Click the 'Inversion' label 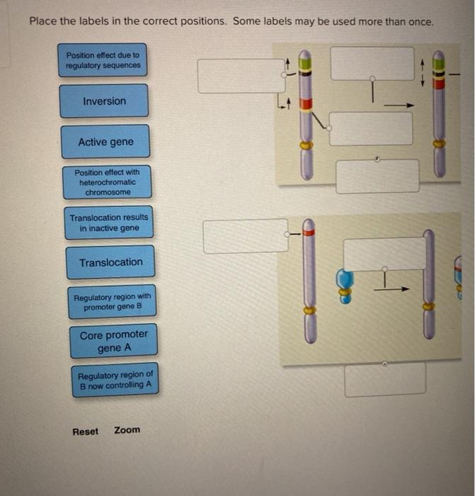point(104,101)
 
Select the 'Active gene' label point(105,142)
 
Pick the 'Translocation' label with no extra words point(110,262)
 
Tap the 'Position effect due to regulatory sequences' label point(103,60)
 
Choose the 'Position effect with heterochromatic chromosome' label point(107,182)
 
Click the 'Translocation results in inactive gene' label point(109,223)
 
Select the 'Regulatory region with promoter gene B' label point(112,302)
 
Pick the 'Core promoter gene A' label point(113,341)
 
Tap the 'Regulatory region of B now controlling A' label point(115,380)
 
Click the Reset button point(86,431)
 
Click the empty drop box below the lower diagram point(385,379)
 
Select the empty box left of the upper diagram point(241,76)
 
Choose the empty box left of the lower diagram point(245,236)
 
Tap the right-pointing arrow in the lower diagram point(399,288)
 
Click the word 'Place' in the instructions point(43,21)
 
